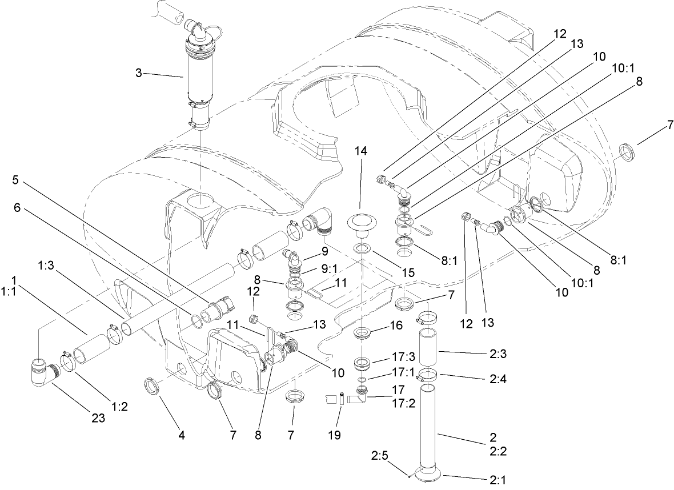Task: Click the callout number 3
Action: pyautogui.click(x=139, y=74)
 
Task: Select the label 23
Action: pyautogui.click(x=98, y=418)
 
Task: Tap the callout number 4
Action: pyautogui.click(x=181, y=435)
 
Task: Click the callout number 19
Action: pyautogui.click(x=334, y=435)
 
